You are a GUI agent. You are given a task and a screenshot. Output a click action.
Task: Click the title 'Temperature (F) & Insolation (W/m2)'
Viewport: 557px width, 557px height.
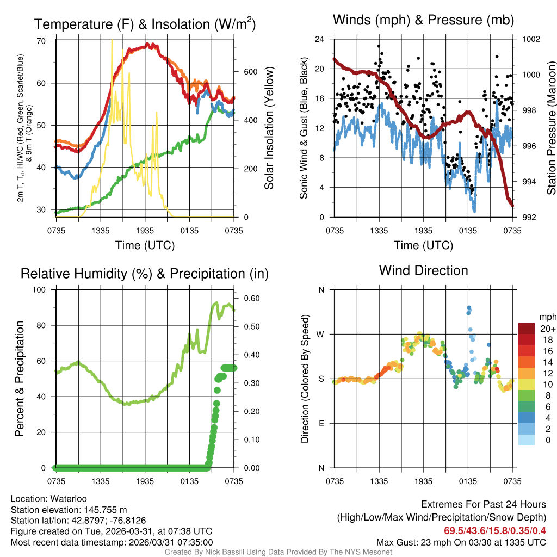[145, 24]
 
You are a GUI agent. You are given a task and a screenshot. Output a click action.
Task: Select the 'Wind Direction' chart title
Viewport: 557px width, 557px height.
[423, 270]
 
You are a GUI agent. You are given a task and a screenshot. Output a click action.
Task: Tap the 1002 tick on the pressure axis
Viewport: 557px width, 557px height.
[531, 39]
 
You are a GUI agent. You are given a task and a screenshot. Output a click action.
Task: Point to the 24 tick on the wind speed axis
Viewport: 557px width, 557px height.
[320, 39]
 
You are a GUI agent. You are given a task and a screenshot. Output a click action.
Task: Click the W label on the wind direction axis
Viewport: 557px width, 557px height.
[321, 334]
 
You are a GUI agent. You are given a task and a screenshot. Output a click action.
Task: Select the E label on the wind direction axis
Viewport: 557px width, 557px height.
[321, 423]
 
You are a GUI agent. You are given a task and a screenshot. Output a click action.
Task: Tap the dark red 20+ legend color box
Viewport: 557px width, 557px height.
[526, 329]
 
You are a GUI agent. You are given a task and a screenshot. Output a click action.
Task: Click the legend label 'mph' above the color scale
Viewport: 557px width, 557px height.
[546, 317]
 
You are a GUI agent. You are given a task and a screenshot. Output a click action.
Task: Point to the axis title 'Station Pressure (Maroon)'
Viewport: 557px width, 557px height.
[551, 128]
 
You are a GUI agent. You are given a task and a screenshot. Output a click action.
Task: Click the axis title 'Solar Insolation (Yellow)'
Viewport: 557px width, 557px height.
[269, 128]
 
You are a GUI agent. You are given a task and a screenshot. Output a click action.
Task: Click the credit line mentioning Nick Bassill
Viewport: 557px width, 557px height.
[278, 552]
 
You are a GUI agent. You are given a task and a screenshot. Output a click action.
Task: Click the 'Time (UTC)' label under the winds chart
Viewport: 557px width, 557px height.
[423, 245]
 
